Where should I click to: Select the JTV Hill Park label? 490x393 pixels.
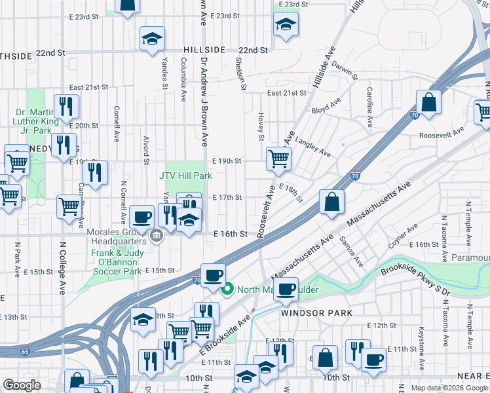pyautogui.click(x=185, y=176)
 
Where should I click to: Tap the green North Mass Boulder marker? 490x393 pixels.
pyautogui.click(x=228, y=289)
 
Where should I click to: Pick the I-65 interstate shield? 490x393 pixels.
pyautogui.click(x=26, y=351)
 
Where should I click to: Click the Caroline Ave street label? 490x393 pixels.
pyautogui.click(x=370, y=107)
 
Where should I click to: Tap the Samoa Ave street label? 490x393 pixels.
pyautogui.click(x=351, y=252)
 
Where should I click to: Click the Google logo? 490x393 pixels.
pyautogui.click(x=22, y=385)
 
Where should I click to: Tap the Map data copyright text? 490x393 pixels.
pyautogui.click(x=448, y=388)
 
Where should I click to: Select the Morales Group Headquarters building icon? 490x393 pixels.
pyautogui.click(x=156, y=237)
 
